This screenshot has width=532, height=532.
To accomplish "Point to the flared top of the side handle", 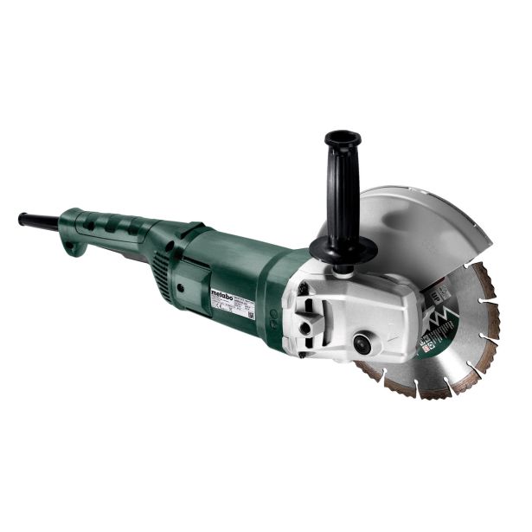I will pyautogui.click(x=343, y=138).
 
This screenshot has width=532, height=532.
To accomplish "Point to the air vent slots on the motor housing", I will pyautogui.click(x=163, y=260).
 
